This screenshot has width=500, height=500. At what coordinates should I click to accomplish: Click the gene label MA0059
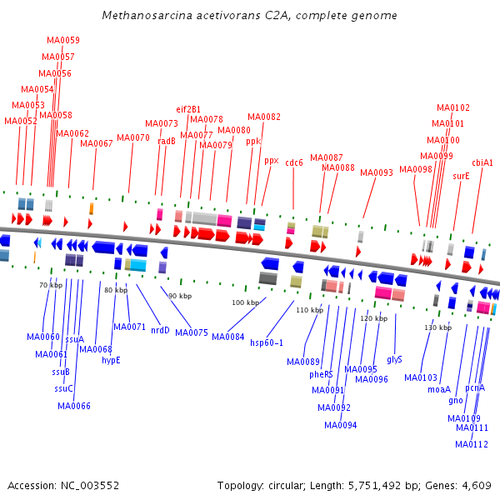click(63, 40)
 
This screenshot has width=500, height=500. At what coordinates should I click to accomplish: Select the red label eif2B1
click(188, 109)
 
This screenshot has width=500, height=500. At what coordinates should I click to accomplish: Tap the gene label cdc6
click(293, 162)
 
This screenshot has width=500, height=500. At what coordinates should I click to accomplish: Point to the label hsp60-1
click(267, 342)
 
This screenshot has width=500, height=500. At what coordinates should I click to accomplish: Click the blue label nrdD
click(160, 330)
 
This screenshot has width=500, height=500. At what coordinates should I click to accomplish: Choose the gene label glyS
click(394, 360)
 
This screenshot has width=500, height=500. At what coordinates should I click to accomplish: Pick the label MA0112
click(472, 444)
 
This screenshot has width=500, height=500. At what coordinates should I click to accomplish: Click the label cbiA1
click(482, 162)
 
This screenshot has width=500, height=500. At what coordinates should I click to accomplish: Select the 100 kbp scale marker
click(246, 302)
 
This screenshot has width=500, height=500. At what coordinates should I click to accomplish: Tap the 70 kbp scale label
click(51, 285)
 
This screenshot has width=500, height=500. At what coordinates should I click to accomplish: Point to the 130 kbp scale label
click(437, 327)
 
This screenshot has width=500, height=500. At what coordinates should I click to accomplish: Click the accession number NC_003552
click(90, 486)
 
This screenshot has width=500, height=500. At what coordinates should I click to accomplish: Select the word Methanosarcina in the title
click(147, 15)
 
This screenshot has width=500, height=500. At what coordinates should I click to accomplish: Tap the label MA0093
click(377, 172)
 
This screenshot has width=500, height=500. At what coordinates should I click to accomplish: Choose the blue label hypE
click(111, 360)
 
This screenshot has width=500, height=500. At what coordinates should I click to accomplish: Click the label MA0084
click(228, 337)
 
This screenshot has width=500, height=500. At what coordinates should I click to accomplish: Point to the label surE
click(461, 176)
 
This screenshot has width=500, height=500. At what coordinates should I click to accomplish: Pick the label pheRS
click(321, 374)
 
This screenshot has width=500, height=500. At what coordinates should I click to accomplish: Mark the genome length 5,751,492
click(374, 486)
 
